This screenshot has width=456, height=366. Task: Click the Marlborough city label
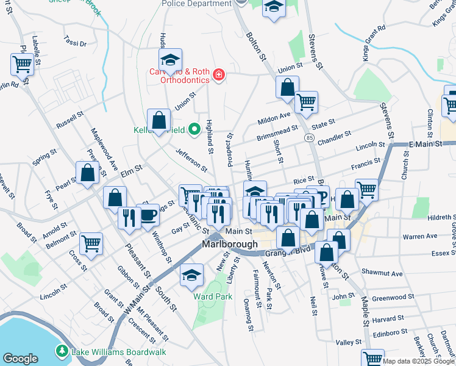(228, 245)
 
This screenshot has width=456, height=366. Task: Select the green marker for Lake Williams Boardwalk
(62, 351)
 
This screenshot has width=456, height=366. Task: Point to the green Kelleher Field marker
(194, 129)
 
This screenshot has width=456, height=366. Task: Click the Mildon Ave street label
(275, 115)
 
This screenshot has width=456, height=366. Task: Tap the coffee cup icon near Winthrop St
(149, 217)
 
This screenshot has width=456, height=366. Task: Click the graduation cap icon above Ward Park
(192, 276)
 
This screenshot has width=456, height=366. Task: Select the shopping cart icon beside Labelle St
(22, 63)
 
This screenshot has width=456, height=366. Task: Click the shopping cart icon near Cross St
(91, 244)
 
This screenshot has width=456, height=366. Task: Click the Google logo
(21, 359)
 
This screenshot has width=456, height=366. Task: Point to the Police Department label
(196, 4)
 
